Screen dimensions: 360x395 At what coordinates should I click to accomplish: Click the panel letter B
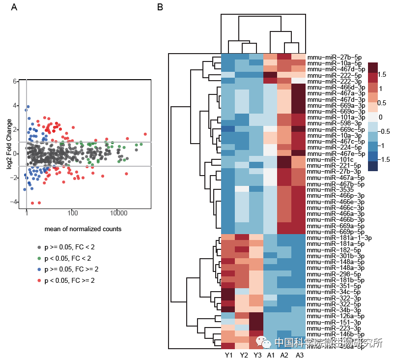point(160,7)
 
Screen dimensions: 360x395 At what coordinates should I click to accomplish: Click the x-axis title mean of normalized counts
point(83,229)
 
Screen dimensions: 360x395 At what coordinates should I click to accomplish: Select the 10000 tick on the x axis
point(118,212)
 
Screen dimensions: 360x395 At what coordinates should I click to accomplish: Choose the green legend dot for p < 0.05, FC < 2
point(39,258)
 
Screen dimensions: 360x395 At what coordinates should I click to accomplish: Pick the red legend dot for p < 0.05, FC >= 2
point(39,280)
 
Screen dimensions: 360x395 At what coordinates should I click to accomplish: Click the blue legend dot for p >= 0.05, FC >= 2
point(39,269)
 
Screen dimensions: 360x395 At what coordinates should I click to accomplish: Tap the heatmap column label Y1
point(228,355)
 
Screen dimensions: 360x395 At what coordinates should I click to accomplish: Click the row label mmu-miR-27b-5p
point(330,57)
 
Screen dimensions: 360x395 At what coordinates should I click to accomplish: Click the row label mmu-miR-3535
point(324,189)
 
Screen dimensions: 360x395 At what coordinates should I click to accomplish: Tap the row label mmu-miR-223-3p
point(328,328)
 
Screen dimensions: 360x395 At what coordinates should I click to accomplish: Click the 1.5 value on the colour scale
point(383,74)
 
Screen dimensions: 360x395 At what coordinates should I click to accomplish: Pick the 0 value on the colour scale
point(380,117)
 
